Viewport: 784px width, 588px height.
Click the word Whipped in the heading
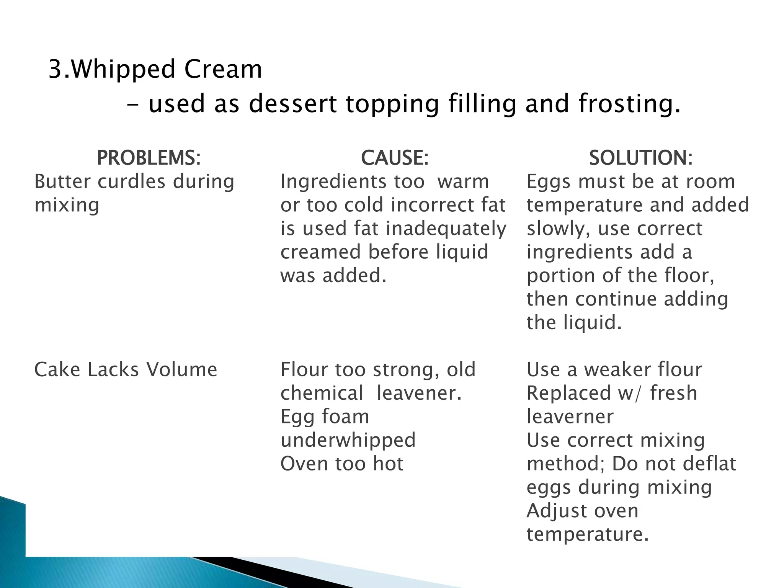tap(123, 70)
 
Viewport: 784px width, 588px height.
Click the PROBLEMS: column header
tap(149, 158)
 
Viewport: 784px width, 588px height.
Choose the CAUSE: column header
tap(395, 158)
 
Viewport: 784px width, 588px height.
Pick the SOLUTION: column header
tap(641, 158)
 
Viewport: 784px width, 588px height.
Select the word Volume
tap(181, 370)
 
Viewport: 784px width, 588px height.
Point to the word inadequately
tap(446, 229)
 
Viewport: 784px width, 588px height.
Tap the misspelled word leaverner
tap(570, 417)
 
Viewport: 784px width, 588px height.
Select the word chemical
tap(322, 393)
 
